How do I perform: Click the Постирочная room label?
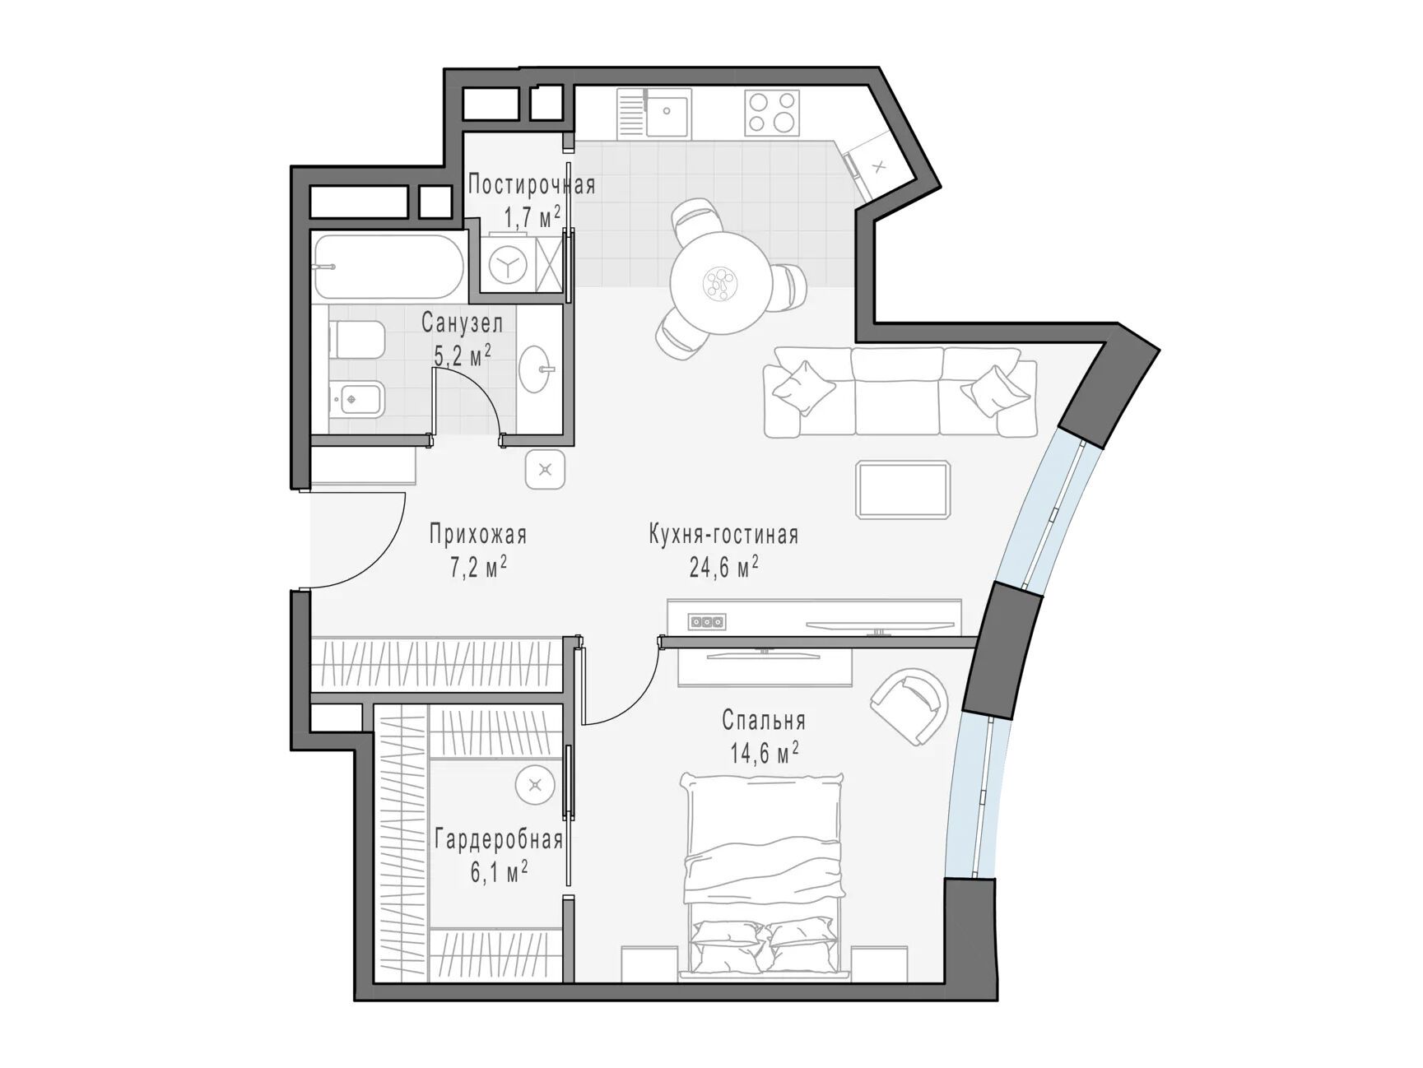click(532, 184)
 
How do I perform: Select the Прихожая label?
click(477, 535)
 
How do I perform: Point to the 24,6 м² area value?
click(723, 567)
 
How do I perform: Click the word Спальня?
click(764, 721)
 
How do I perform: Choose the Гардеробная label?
click(499, 840)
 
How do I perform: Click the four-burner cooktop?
click(772, 112)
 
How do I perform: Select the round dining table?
click(721, 284)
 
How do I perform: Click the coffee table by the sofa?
click(904, 490)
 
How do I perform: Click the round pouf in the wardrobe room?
click(536, 785)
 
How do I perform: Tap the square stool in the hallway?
click(545, 471)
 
